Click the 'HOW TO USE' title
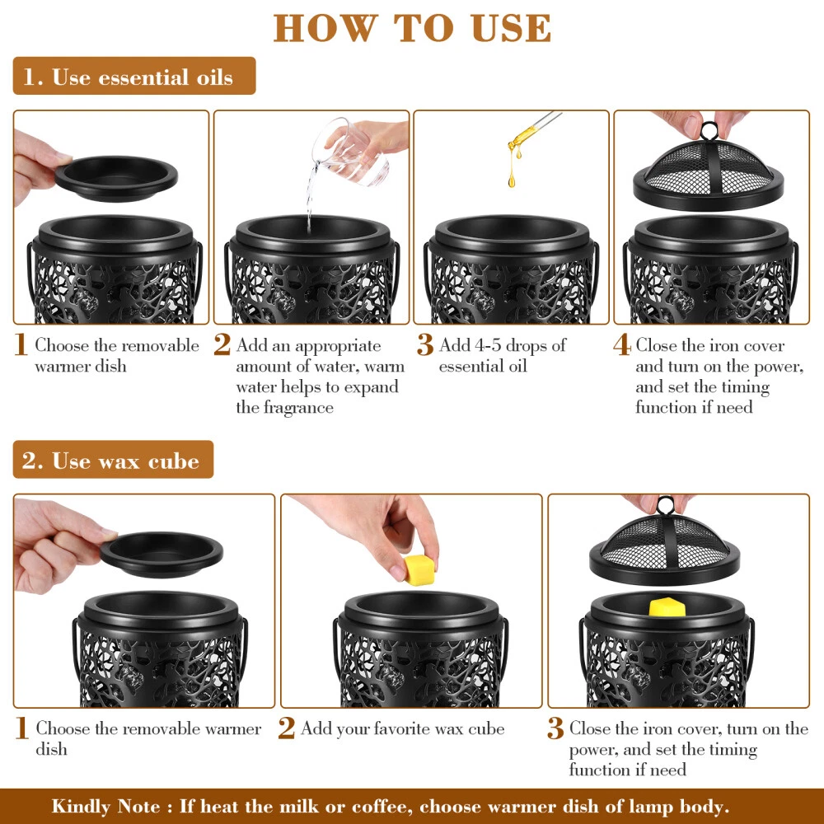[412, 28]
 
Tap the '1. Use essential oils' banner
[134, 76]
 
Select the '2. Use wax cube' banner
[113, 460]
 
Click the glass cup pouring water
[351, 152]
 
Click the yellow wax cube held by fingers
[419, 569]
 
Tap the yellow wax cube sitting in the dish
[667, 607]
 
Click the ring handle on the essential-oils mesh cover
[709, 131]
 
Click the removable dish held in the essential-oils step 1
[116, 179]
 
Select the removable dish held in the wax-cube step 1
[162, 555]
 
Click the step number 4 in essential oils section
[621, 345]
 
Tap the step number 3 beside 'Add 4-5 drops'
[425, 345]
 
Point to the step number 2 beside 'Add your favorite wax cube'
[287, 728]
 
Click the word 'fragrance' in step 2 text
[298, 408]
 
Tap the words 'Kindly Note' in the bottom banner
[106, 807]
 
